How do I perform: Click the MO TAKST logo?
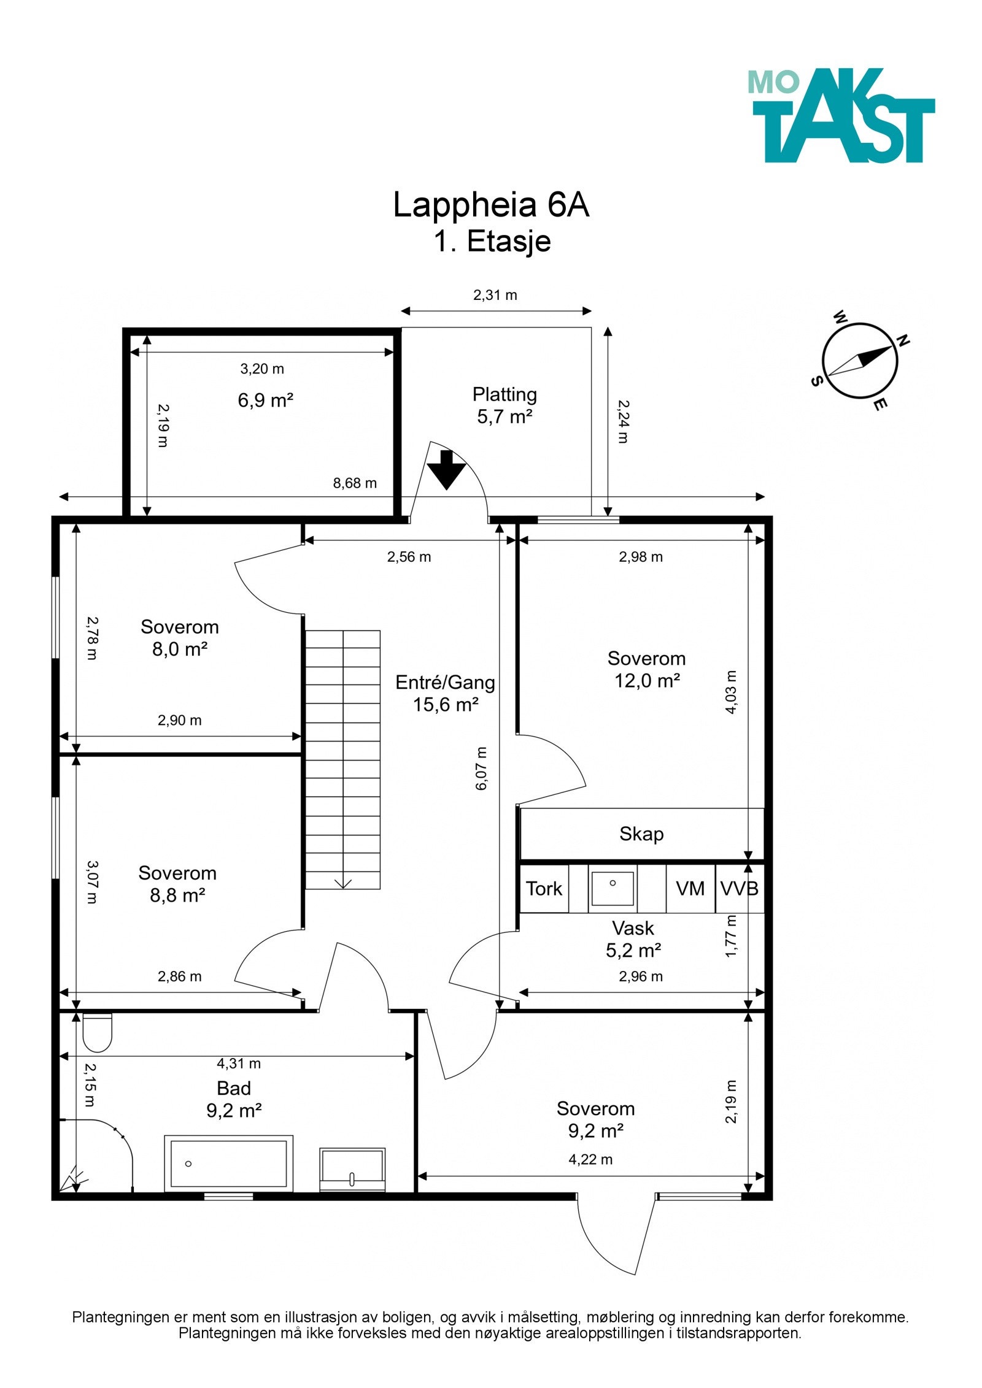click(841, 115)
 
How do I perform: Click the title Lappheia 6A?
click(491, 205)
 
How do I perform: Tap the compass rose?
click(860, 361)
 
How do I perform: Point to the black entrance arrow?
click(447, 469)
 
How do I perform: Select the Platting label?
click(505, 394)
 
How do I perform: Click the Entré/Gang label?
click(445, 682)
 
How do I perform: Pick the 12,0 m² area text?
click(647, 680)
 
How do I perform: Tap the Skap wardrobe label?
click(641, 834)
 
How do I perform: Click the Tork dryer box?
click(544, 889)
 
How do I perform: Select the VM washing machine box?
click(690, 889)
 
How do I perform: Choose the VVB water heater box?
click(740, 889)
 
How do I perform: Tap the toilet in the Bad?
click(97, 1033)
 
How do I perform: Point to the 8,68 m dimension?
click(355, 483)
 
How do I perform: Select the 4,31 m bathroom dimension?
click(239, 1064)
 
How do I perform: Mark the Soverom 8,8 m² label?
click(177, 884)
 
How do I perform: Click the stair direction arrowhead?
click(343, 884)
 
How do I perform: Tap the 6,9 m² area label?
click(265, 401)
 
